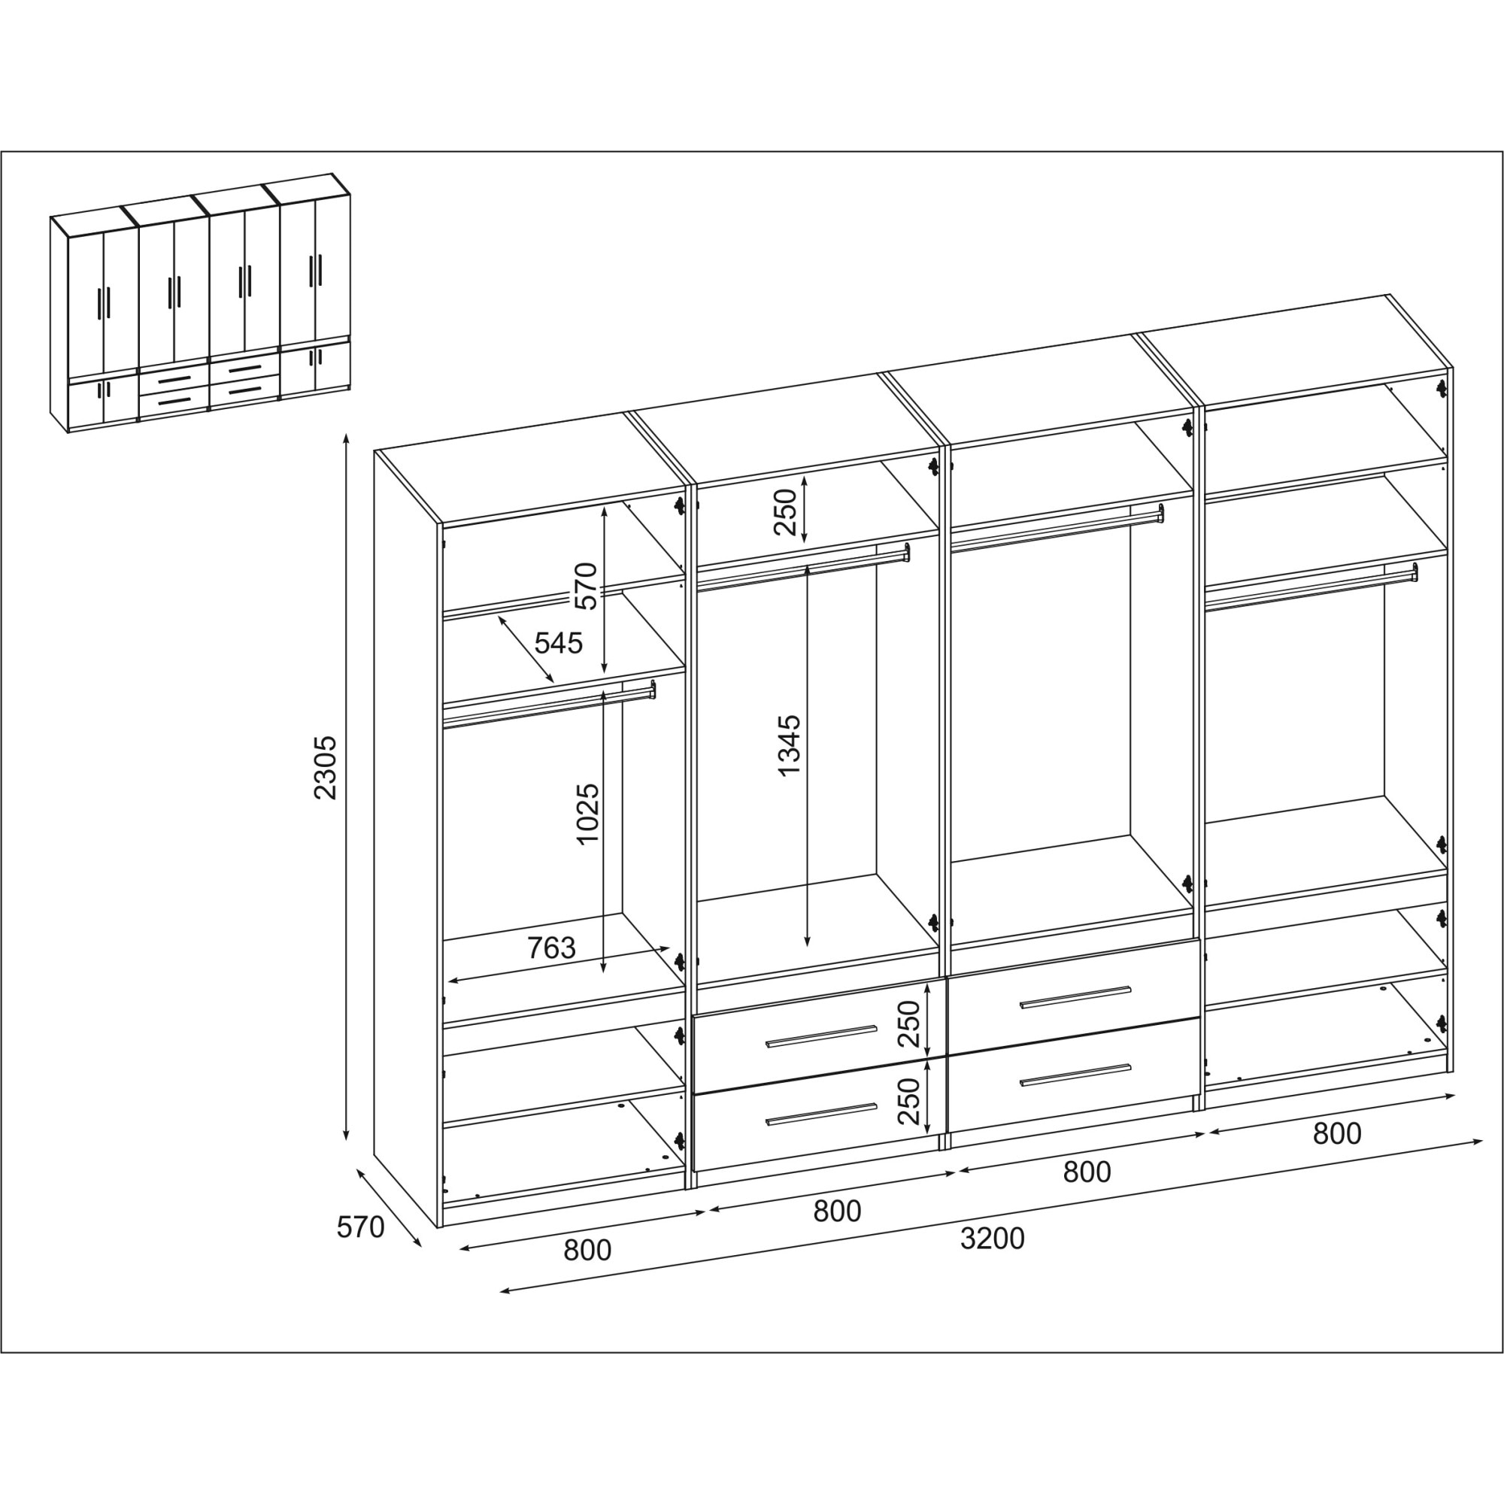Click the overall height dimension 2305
click(x=325, y=767)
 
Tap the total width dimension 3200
click(x=992, y=1238)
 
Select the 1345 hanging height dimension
click(x=789, y=745)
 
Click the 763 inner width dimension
click(x=551, y=948)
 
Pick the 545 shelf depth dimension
click(x=558, y=643)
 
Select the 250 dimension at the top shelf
click(x=787, y=511)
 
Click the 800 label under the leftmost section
click(x=587, y=1249)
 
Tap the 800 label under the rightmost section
click(x=1336, y=1133)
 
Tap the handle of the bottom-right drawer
click(x=1075, y=1075)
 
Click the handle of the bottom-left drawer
click(x=820, y=1114)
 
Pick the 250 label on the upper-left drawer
click(x=909, y=1023)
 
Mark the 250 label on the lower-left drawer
click(x=909, y=1101)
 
